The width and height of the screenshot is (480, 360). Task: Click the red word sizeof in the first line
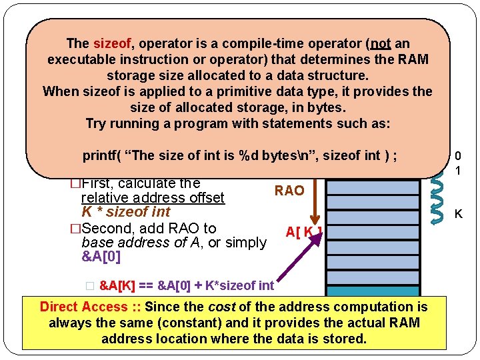pyautogui.click(x=113, y=44)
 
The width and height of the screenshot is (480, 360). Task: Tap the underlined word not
pyautogui.click(x=381, y=44)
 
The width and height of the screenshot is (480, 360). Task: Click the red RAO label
pyautogui.click(x=289, y=191)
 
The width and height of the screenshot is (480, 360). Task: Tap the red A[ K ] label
pyautogui.click(x=304, y=232)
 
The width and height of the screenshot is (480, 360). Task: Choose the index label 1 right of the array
pyautogui.click(x=458, y=171)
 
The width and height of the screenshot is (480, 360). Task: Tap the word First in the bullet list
pyautogui.click(x=101, y=183)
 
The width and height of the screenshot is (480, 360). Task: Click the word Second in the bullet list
pyautogui.click(x=106, y=228)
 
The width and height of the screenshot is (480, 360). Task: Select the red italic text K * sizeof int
pyautogui.click(x=125, y=212)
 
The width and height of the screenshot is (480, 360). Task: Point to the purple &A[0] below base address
pyautogui.click(x=101, y=257)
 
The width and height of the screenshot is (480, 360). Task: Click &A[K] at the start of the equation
pyautogui.click(x=117, y=286)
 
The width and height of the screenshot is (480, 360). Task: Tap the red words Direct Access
pyautogui.click(x=83, y=307)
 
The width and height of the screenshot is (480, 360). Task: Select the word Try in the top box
pyautogui.click(x=97, y=124)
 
